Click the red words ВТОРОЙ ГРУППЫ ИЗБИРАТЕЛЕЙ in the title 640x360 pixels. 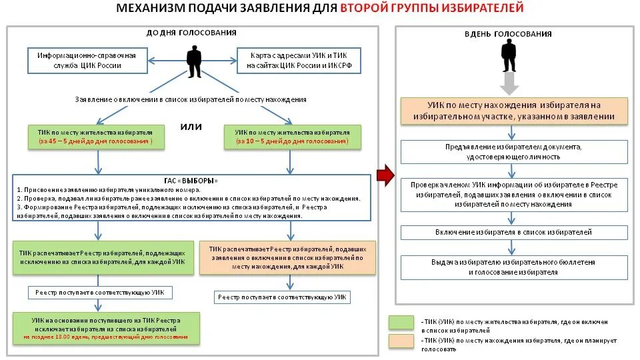coord(432,9)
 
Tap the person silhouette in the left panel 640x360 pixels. coord(194,62)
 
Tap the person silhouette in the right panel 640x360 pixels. coord(509,55)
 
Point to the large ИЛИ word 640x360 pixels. coord(192,126)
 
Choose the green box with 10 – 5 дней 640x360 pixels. coord(292,137)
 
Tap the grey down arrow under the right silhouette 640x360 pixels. coord(509,85)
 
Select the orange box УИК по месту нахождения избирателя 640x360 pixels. coord(514,111)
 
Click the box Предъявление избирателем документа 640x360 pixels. coord(514,152)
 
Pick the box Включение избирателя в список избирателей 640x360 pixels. coord(514,232)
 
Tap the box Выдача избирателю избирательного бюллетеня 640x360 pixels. coord(514,268)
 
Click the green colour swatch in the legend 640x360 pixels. coord(402,322)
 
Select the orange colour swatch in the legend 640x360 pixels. coord(402,341)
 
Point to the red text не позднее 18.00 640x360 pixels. coord(106,337)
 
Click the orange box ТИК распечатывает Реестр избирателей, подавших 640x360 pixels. coord(288,257)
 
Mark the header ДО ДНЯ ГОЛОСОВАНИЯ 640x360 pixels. coord(191,33)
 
